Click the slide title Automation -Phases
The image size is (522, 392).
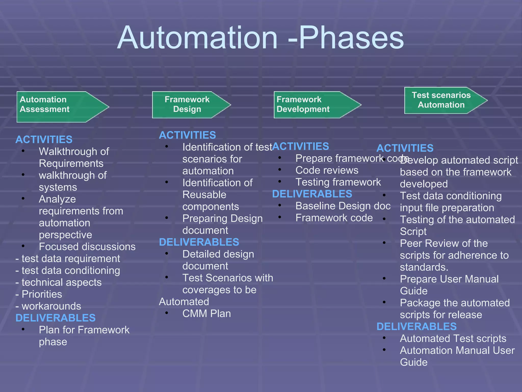click(x=260, y=38)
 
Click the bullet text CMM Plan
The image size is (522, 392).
click(x=206, y=314)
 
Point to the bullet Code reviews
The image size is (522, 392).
click(x=327, y=170)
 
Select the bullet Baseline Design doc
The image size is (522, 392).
click(x=343, y=206)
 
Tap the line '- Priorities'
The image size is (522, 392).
click(x=39, y=294)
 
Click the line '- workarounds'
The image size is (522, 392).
click(x=48, y=306)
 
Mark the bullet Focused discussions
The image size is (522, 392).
click(x=87, y=247)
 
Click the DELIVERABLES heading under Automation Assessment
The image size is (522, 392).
click(x=56, y=318)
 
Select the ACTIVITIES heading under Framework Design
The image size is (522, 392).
click(x=187, y=135)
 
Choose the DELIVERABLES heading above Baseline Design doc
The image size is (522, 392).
click(x=312, y=194)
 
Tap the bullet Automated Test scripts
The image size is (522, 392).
click(x=453, y=339)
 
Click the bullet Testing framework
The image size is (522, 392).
click(x=338, y=182)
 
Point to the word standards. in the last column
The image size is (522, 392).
click(x=424, y=267)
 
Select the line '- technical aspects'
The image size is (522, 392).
click(x=59, y=283)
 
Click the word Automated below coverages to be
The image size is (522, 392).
click(x=184, y=302)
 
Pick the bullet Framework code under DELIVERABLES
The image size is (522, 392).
click(x=334, y=218)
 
